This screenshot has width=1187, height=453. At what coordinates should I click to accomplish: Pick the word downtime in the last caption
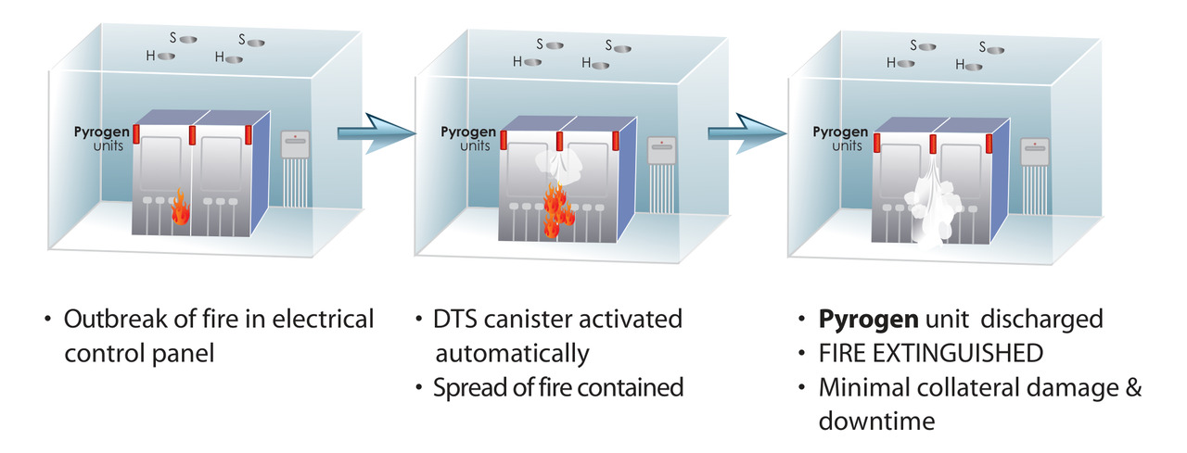coord(875,422)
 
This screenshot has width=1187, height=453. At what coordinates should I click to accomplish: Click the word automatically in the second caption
coord(512,353)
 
